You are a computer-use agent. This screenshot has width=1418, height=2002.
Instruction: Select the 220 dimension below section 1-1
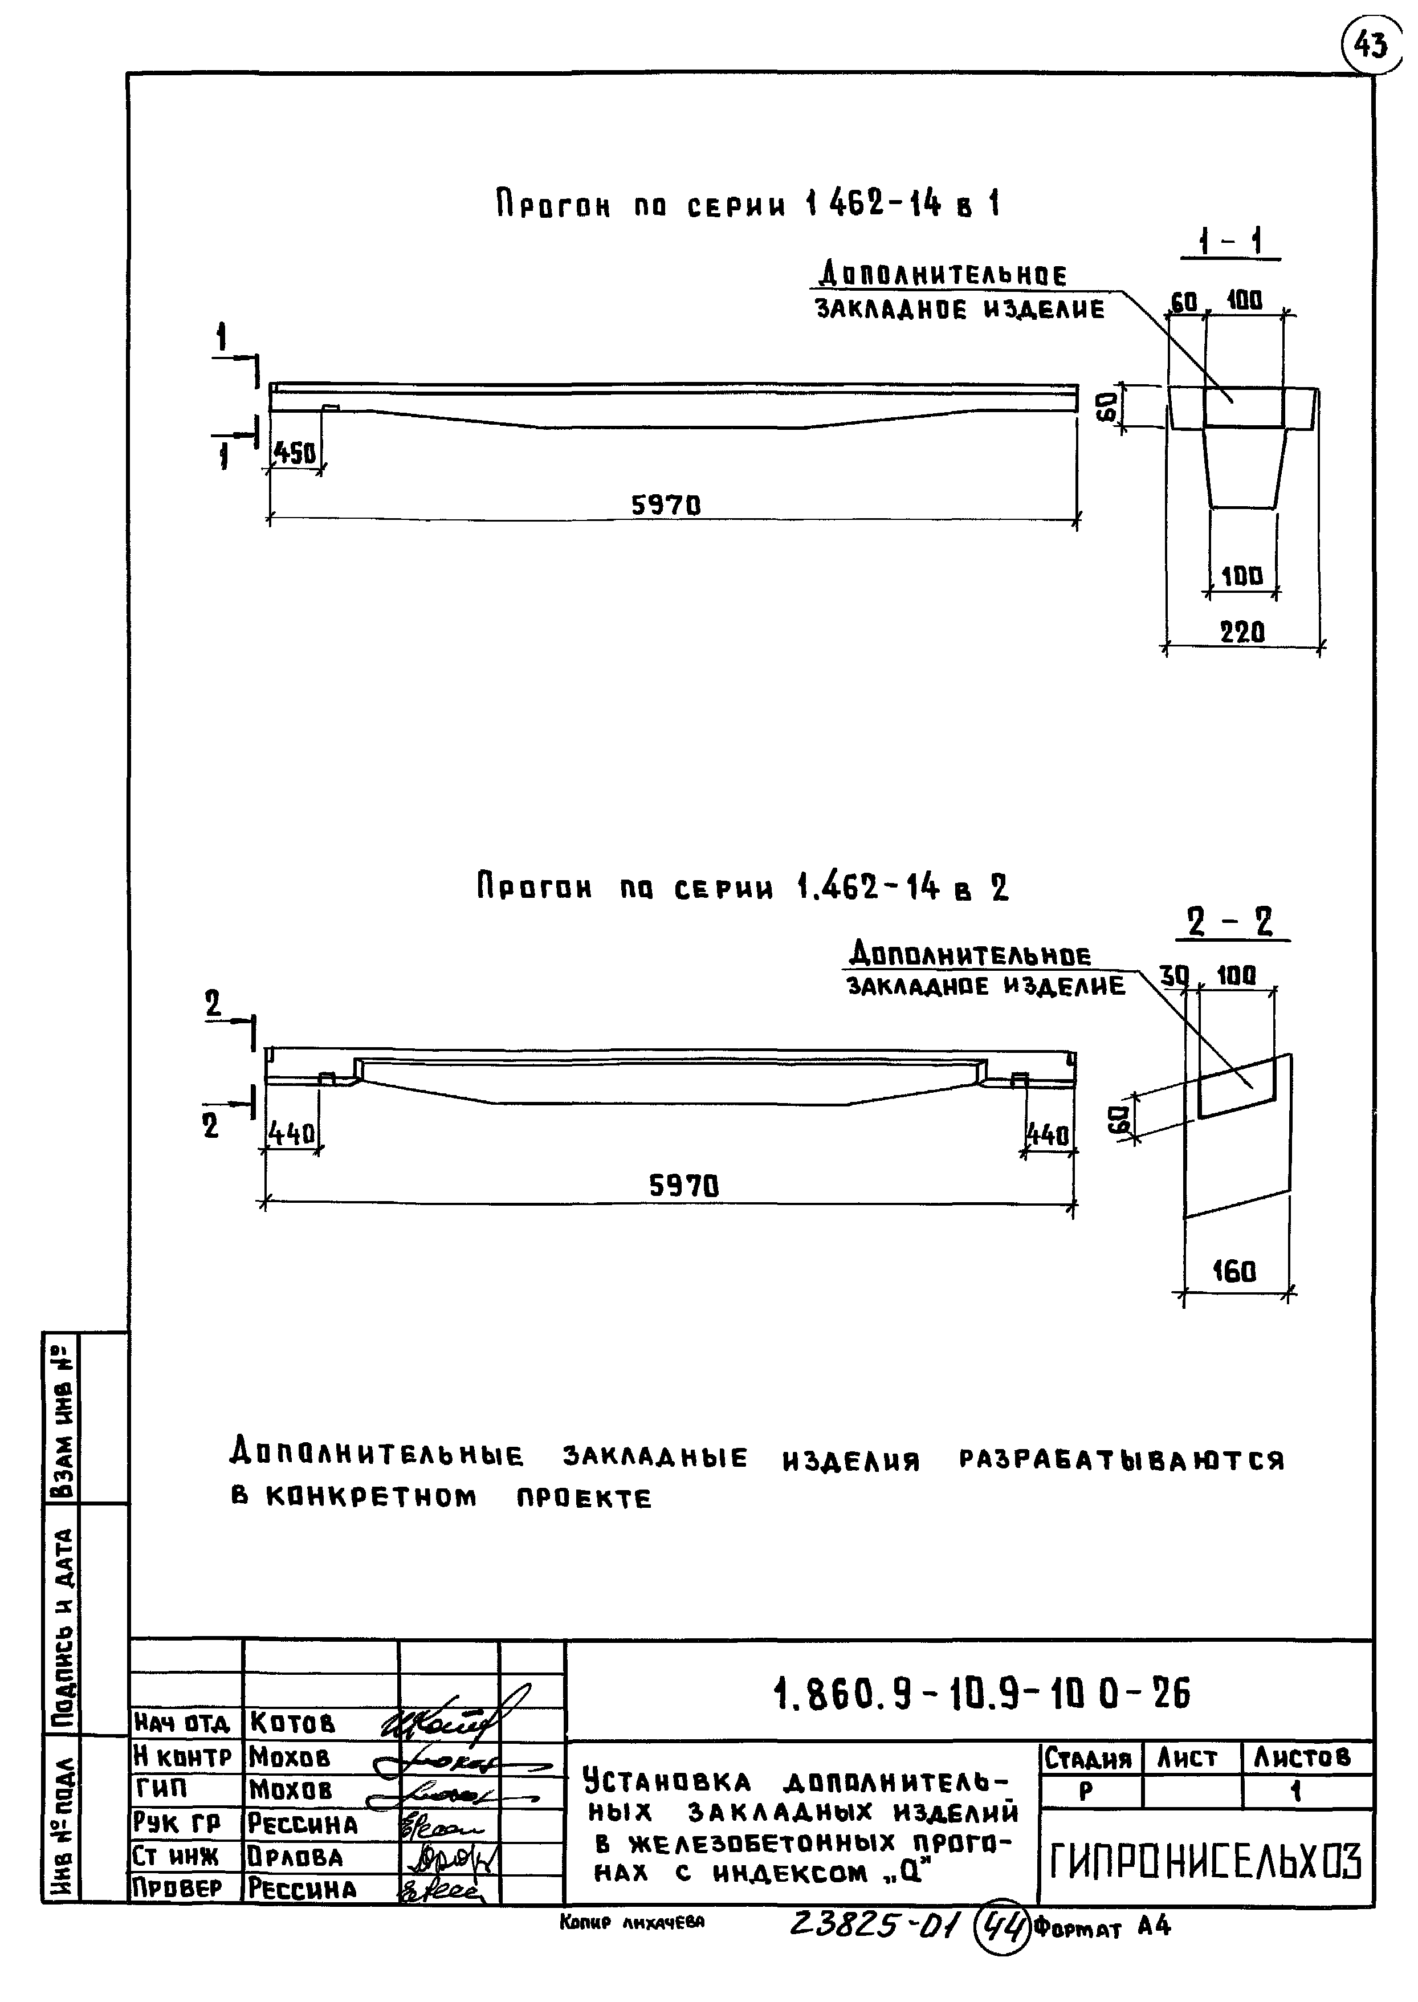point(1242,632)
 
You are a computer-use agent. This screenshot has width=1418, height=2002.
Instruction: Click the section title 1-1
point(1231,242)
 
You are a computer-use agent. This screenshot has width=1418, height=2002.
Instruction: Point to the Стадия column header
point(1088,1757)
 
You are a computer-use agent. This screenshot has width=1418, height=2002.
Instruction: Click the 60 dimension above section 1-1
point(1184,303)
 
